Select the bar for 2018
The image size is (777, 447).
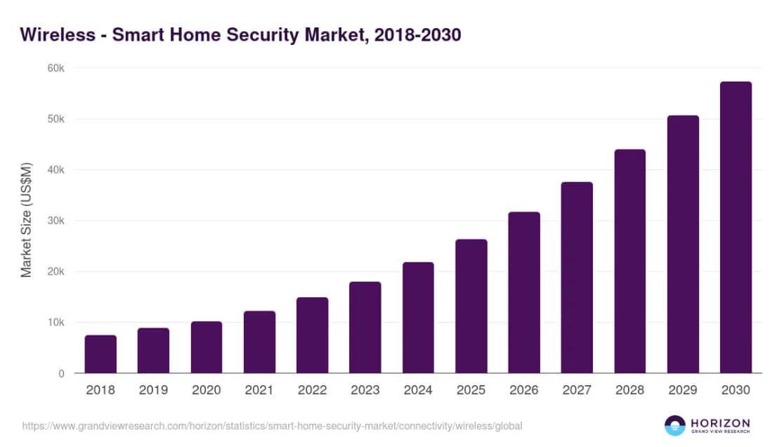click(100, 354)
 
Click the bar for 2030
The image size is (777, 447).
click(736, 228)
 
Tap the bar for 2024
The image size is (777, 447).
click(418, 318)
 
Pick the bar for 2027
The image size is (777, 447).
click(577, 278)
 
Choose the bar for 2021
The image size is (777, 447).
click(259, 342)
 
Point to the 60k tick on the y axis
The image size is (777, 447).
click(56, 68)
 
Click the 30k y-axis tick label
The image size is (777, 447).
click(56, 221)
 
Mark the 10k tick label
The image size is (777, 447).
click(56, 323)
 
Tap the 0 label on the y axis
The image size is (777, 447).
click(61, 373)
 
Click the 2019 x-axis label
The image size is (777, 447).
click(153, 389)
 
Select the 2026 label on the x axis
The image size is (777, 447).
click(523, 389)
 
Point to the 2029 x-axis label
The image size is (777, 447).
click(682, 389)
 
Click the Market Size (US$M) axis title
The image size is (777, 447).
click(27, 221)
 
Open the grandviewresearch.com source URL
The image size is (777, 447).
click(272, 426)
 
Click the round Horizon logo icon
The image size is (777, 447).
click(675, 425)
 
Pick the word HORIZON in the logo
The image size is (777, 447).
click(720, 422)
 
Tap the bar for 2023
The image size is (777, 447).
click(365, 328)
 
